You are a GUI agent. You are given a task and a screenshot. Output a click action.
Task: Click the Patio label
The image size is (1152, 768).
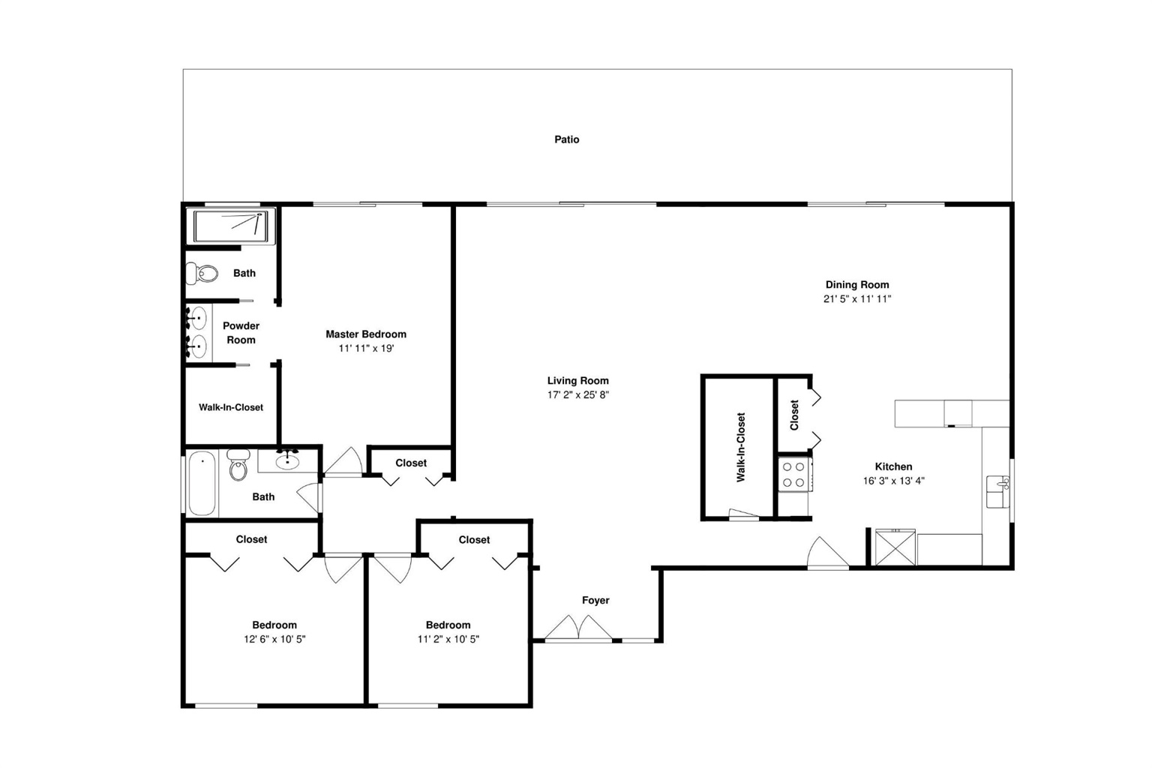(x=566, y=139)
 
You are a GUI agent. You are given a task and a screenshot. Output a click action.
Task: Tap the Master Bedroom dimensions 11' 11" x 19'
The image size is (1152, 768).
(x=366, y=348)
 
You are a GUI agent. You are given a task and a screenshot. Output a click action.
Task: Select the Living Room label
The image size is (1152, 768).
(x=577, y=381)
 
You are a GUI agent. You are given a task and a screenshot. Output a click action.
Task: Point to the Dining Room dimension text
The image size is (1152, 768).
(x=856, y=298)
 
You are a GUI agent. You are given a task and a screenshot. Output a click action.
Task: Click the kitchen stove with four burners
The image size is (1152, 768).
(x=794, y=475)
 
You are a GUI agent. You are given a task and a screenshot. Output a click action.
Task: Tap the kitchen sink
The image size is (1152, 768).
(x=997, y=491)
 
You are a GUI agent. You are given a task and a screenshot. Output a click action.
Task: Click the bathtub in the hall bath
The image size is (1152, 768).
(x=202, y=483)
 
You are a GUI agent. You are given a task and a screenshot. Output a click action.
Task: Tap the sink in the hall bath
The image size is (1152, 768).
(x=287, y=460)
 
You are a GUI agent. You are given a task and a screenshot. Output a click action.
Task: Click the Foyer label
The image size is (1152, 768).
(x=595, y=600)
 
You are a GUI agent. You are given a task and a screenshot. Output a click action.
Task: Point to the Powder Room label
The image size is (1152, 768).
(x=241, y=333)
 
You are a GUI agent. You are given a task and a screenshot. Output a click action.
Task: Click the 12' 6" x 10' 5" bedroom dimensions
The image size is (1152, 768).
(x=274, y=640)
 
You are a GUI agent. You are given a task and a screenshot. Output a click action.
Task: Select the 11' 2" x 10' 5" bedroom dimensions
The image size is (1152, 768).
(x=448, y=640)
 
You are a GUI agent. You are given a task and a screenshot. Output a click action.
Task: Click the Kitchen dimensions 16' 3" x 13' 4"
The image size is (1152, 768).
(x=894, y=481)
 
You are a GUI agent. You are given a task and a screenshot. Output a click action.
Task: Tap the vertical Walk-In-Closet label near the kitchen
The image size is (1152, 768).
(x=740, y=447)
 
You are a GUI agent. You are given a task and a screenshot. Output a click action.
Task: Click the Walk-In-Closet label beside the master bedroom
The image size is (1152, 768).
(x=231, y=407)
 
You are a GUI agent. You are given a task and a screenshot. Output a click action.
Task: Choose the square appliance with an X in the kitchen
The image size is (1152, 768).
(x=895, y=547)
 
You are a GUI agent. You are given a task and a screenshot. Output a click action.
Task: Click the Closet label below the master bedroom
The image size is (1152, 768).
(x=411, y=463)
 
